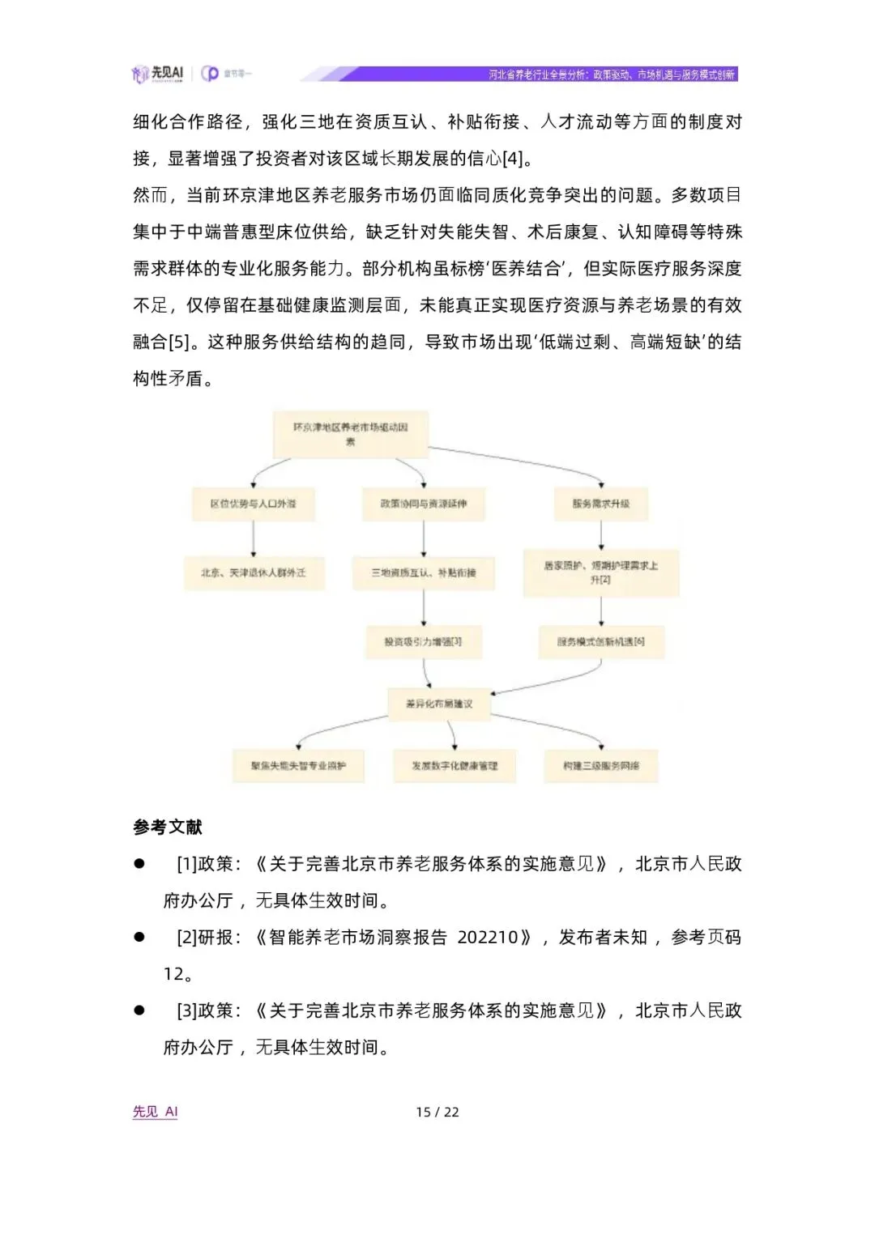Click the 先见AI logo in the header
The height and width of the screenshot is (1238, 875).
(158, 74)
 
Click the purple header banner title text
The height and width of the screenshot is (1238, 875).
(611, 74)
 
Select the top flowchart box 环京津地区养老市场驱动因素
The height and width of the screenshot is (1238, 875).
(350, 434)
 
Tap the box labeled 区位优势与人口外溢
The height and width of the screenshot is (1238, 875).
(253, 504)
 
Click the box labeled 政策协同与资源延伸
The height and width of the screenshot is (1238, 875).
(424, 504)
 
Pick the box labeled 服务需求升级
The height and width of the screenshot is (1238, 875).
(600, 504)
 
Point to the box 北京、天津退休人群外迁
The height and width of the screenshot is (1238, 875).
(254, 572)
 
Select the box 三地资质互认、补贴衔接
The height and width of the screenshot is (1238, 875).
(424, 572)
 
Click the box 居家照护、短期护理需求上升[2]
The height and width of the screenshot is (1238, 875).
(600, 572)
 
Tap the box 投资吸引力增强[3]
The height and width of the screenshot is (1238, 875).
(424, 641)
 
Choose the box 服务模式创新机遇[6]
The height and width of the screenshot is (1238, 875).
(600, 641)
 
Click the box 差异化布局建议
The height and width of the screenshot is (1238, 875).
(439, 704)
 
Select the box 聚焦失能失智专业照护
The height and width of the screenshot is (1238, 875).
(298, 765)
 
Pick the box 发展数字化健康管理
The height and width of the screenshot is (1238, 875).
(455, 765)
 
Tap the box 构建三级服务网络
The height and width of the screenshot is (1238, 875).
(600, 765)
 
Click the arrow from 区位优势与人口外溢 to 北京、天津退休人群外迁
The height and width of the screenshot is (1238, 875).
(254, 538)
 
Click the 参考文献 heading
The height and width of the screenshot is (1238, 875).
(168, 827)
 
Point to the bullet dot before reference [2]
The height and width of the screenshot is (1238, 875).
(139, 937)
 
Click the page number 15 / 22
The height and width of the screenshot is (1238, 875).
(437, 1112)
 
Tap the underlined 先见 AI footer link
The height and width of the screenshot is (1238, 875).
(155, 1112)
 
